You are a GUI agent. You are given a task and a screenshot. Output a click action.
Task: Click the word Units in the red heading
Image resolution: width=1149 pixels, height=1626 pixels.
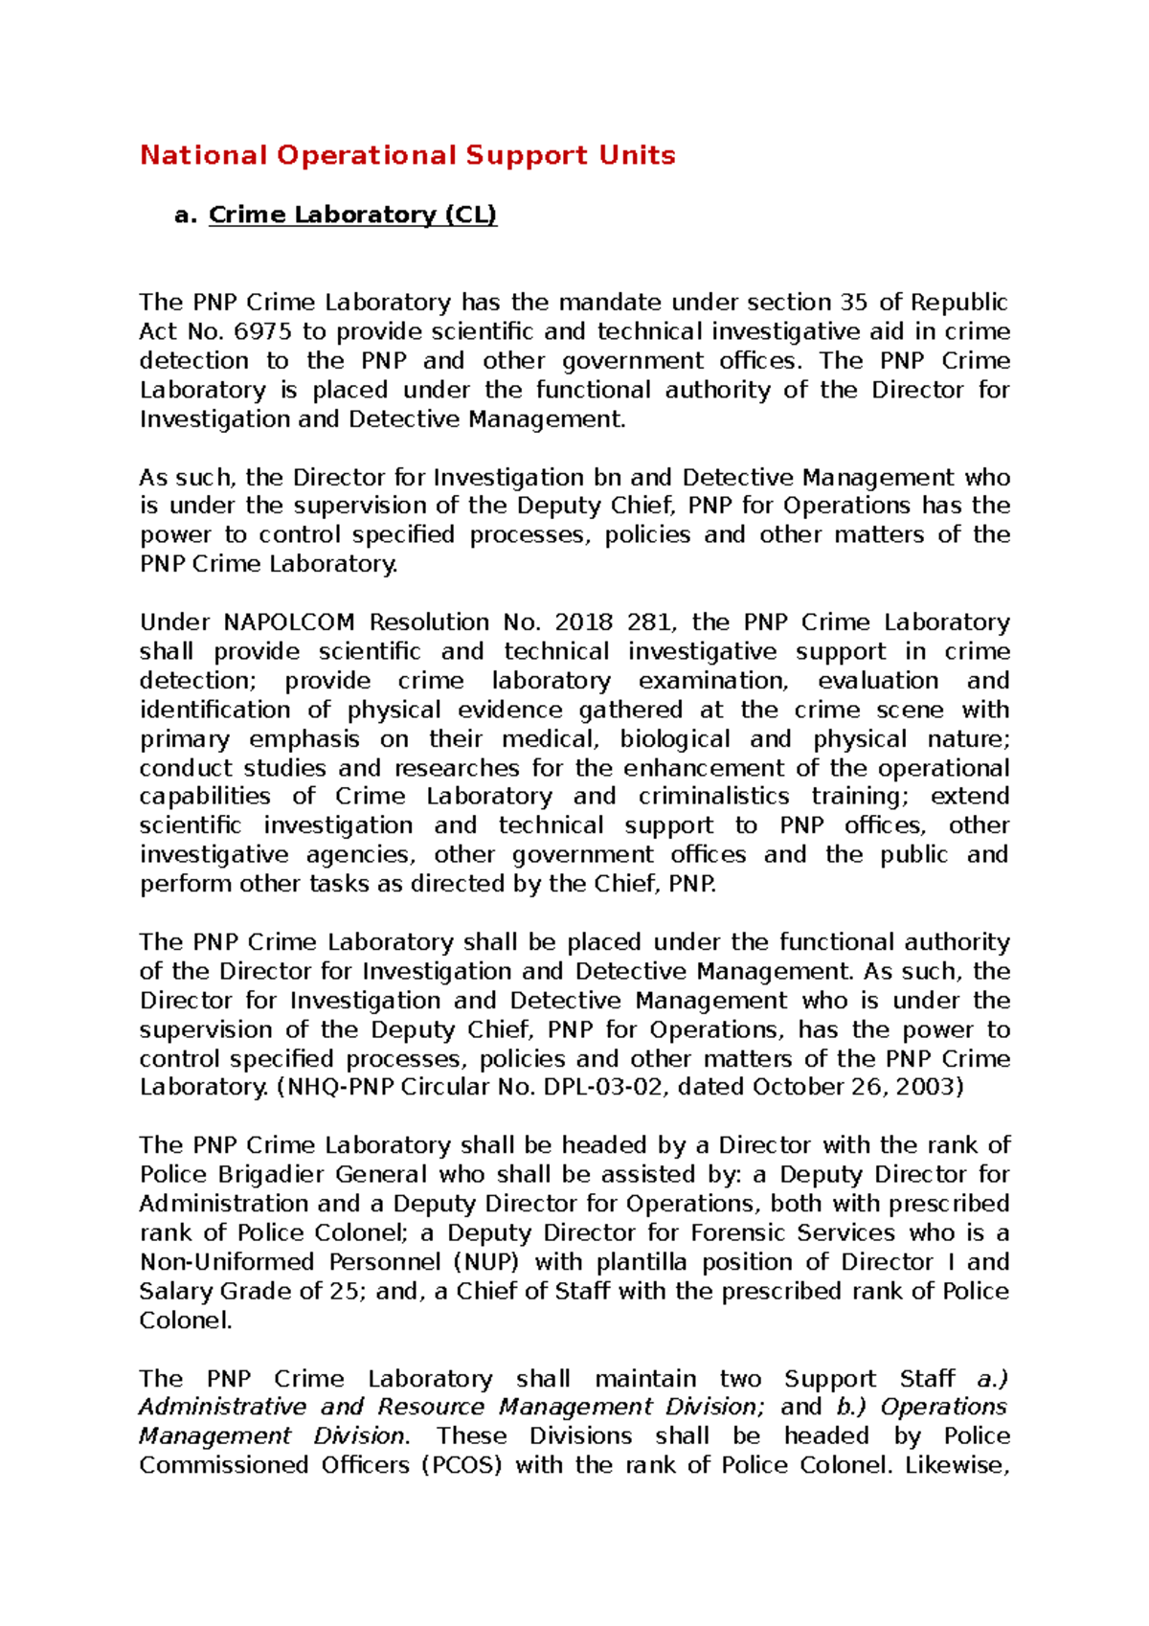pos(637,155)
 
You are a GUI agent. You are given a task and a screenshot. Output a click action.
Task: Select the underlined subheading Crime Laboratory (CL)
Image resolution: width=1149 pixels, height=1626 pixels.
pos(352,215)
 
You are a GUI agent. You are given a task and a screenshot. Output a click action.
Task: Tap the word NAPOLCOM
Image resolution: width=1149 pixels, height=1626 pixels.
pos(289,622)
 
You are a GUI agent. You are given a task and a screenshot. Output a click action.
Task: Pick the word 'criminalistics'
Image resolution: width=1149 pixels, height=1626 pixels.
pos(713,797)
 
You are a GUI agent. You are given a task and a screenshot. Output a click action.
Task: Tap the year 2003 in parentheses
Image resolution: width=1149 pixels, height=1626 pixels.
pos(926,1087)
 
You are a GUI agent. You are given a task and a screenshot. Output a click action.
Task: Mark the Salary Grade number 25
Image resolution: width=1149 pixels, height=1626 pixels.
pos(344,1292)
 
